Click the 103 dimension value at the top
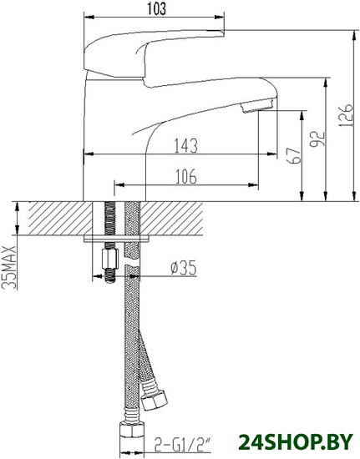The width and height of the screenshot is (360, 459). point(156,9)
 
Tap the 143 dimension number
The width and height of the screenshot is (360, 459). point(185,145)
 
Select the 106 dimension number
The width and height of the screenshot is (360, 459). point(186,177)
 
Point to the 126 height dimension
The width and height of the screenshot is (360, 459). point(345,115)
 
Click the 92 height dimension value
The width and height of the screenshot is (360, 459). point(318,139)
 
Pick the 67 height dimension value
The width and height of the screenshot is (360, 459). point(293,155)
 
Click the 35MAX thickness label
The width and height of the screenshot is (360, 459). point(9,267)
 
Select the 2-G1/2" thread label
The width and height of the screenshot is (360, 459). point(182,445)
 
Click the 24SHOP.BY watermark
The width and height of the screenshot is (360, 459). point(297,441)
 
